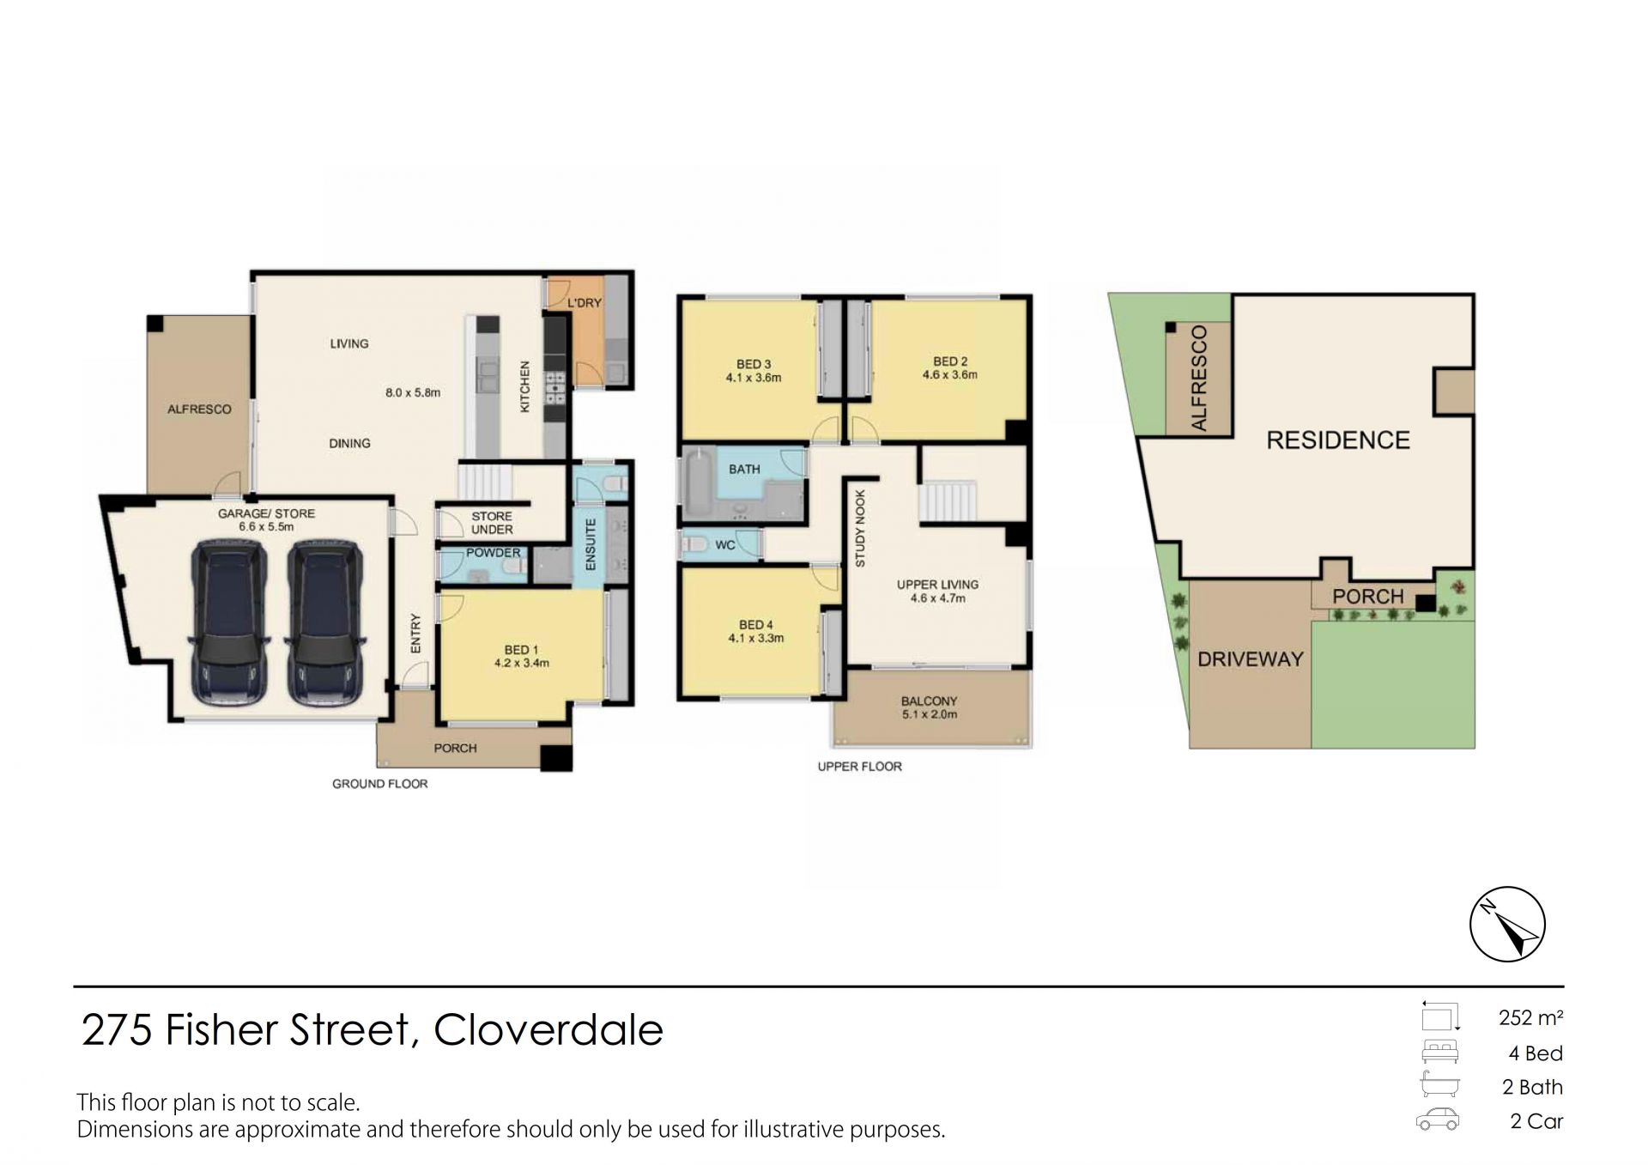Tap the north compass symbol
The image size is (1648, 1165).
click(x=1507, y=924)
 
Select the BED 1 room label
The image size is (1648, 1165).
click(x=522, y=650)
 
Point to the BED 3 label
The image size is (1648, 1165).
click(x=754, y=364)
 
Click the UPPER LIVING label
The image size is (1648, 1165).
click(x=937, y=585)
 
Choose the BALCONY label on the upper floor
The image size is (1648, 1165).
click(x=930, y=701)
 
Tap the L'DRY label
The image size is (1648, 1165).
click(x=585, y=303)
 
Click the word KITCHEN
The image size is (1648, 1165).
click(x=525, y=386)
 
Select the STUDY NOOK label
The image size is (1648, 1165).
click(x=860, y=528)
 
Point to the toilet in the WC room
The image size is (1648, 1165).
click(x=694, y=544)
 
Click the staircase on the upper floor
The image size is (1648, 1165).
click(x=948, y=501)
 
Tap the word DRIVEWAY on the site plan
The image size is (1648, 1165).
click(x=1251, y=659)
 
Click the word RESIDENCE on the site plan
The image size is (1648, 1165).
click(x=1338, y=440)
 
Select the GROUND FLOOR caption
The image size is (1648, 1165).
click(x=380, y=784)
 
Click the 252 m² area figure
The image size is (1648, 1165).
click(x=1530, y=1018)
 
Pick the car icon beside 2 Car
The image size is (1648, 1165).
click(x=1438, y=1120)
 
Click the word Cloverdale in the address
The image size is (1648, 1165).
click(x=548, y=1030)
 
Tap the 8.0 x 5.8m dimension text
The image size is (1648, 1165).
click(x=413, y=392)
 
